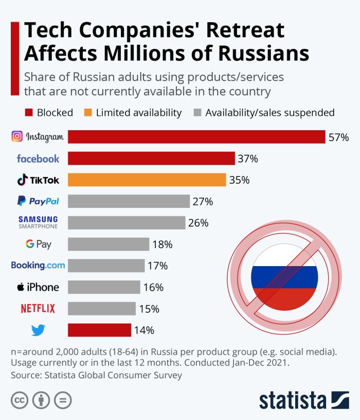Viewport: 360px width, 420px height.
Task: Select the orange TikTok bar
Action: coord(147,180)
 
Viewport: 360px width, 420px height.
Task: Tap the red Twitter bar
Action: coord(99,330)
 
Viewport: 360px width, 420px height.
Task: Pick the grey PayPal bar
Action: coord(129,201)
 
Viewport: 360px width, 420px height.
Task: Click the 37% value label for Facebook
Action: coord(247,159)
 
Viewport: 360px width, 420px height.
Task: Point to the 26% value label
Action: coord(198,223)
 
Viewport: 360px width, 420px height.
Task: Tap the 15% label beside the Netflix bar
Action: coord(149,309)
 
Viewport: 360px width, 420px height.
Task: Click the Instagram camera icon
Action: coord(17,136)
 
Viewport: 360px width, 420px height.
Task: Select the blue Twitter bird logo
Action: coord(38,330)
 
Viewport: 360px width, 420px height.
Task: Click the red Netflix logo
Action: coord(38,309)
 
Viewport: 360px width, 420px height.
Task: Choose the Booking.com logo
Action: coord(38,266)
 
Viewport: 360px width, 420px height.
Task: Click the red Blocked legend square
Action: coord(29,112)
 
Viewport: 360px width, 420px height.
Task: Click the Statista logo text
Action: coord(293,400)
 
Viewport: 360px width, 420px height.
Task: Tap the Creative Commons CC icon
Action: coord(19,400)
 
